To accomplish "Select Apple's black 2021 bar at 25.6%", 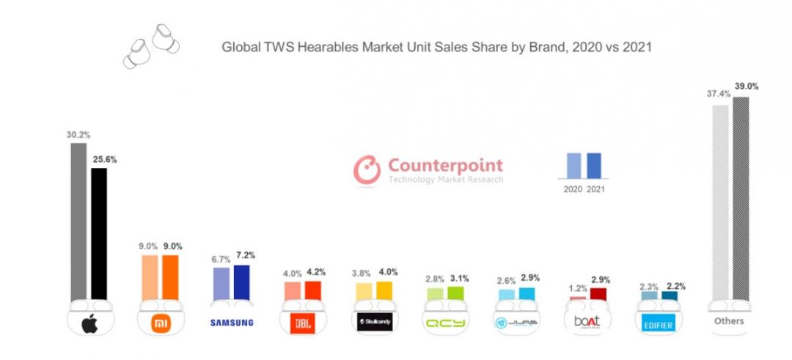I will pyautogui.click(x=98, y=235).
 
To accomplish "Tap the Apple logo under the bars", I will pyautogui.click(x=89, y=322).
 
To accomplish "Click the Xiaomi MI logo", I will pyautogui.click(x=160, y=322).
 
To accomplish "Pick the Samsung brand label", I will pyautogui.click(x=231, y=322).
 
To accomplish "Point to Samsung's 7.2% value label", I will pyautogui.click(x=243, y=257).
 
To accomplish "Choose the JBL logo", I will pyautogui.click(x=302, y=322).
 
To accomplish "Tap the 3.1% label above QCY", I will pyautogui.click(x=457, y=279).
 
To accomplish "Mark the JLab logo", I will pyautogui.click(x=516, y=322).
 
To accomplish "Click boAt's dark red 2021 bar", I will pyautogui.click(x=598, y=294).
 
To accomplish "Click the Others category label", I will pyautogui.click(x=729, y=321).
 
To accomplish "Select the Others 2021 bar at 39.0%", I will pyautogui.click(x=741, y=198).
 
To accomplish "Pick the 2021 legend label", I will pyautogui.click(x=595, y=189).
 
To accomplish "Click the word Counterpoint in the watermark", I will pyautogui.click(x=445, y=165).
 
